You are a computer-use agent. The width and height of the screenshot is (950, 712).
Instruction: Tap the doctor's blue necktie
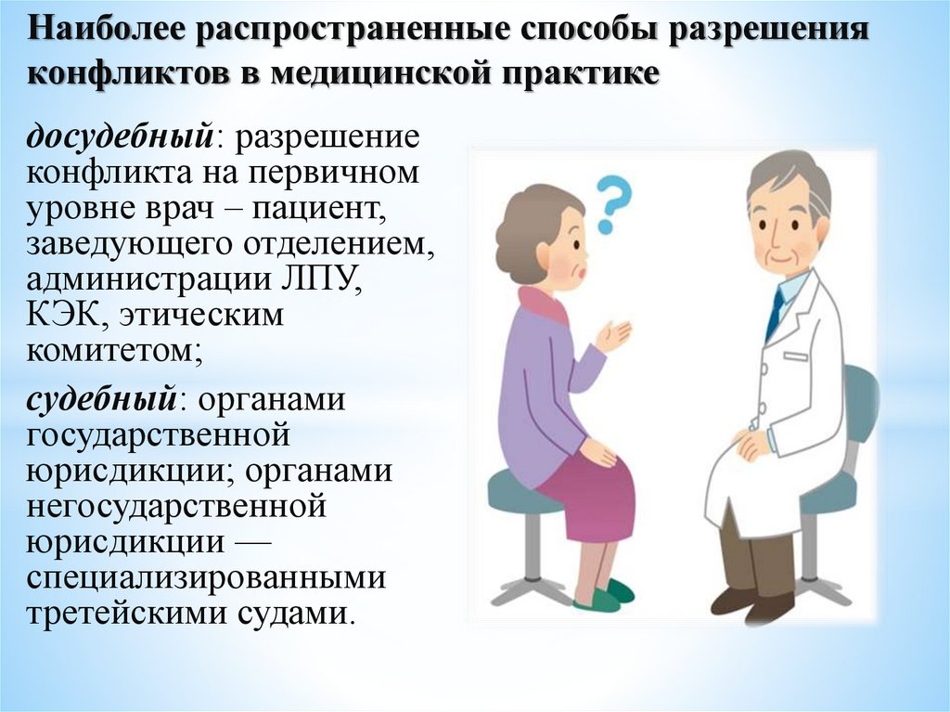pyautogui.click(x=774, y=315)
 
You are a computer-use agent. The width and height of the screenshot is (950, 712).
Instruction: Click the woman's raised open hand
pyautogui.click(x=613, y=335)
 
